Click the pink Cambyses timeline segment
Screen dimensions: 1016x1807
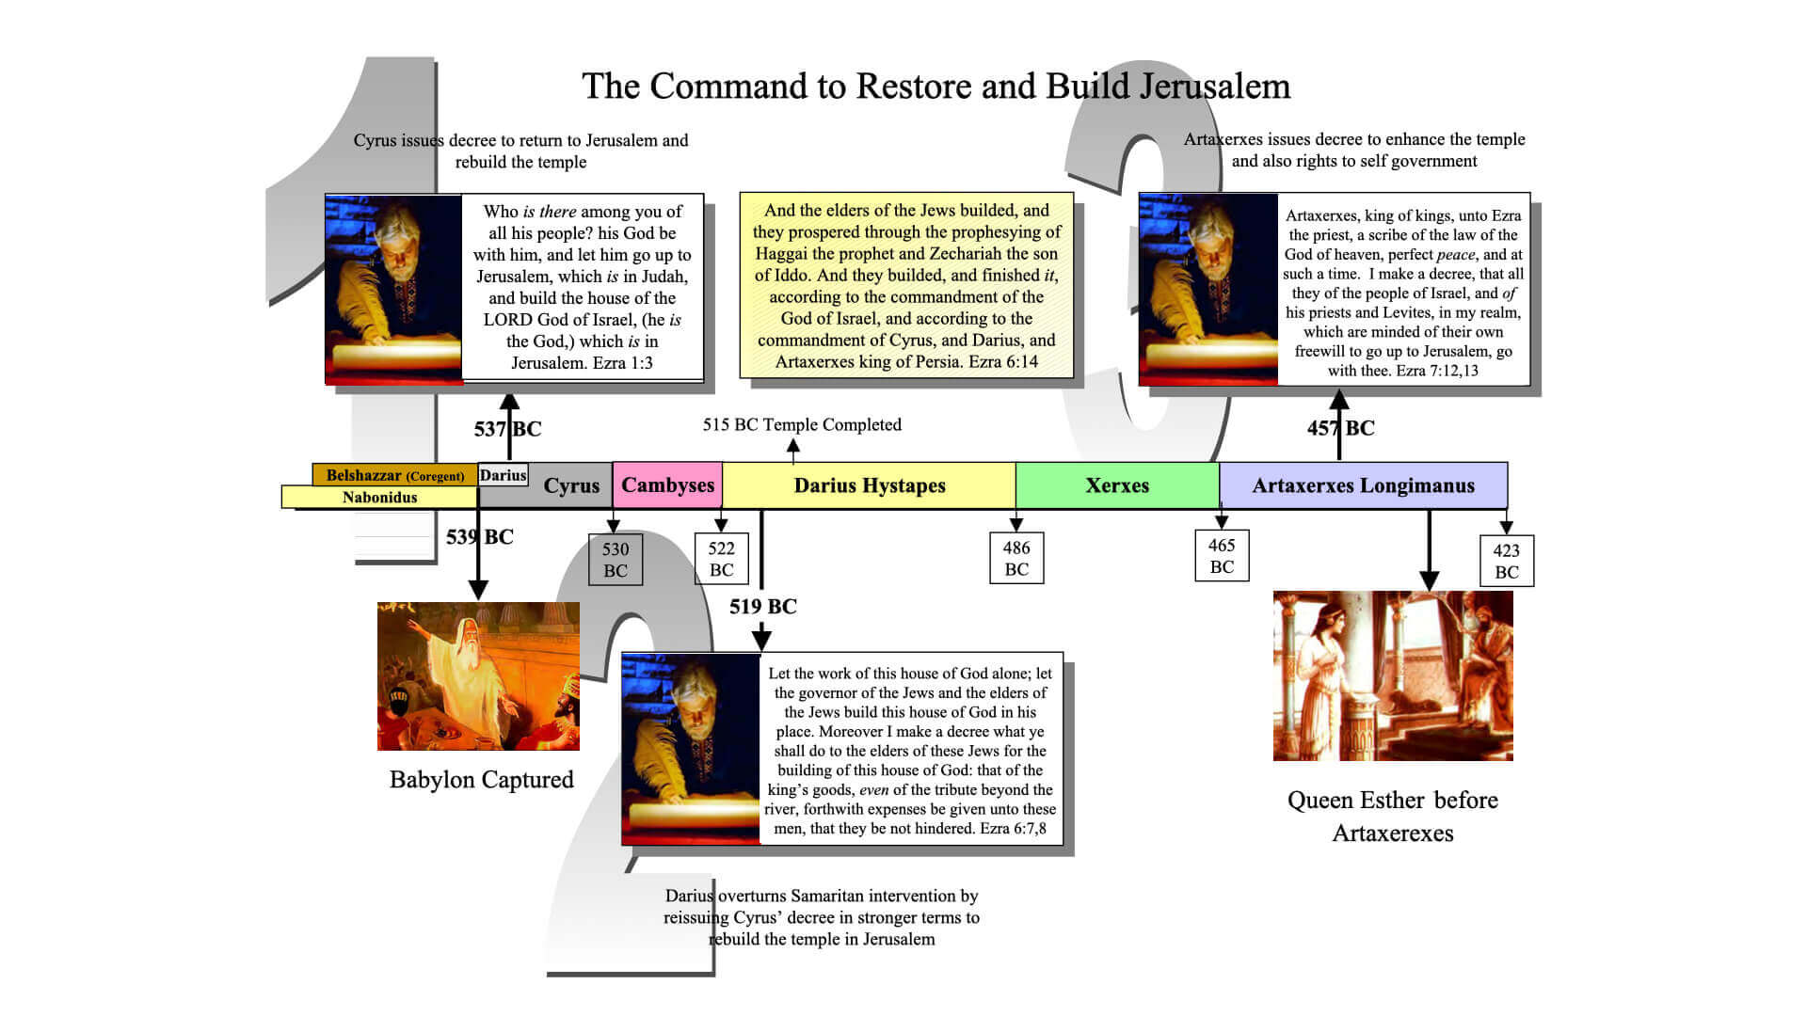click(667, 484)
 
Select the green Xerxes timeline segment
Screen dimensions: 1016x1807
click(1117, 485)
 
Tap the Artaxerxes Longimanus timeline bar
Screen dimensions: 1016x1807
click(1363, 485)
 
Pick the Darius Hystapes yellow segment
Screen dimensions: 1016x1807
click(869, 485)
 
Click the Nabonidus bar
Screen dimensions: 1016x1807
click(379, 497)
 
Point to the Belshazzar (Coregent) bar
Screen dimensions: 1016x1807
click(394, 475)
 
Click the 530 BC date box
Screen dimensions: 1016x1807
click(616, 560)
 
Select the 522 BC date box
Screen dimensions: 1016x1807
click(721, 559)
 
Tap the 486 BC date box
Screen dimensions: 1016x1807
click(1016, 558)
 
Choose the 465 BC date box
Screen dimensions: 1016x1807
click(1222, 556)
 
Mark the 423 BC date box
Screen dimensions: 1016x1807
click(1506, 561)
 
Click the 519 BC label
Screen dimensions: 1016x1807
click(763, 607)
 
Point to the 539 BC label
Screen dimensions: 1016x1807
click(480, 537)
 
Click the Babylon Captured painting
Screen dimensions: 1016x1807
click(478, 676)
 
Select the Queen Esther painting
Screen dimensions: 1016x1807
click(1393, 675)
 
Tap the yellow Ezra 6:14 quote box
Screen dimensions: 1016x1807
click(906, 286)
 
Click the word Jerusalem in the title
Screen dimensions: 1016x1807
click(1215, 87)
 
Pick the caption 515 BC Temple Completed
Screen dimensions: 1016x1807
click(802, 424)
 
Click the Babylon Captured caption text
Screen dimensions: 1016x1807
click(481, 780)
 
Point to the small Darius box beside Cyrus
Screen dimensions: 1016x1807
click(503, 475)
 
